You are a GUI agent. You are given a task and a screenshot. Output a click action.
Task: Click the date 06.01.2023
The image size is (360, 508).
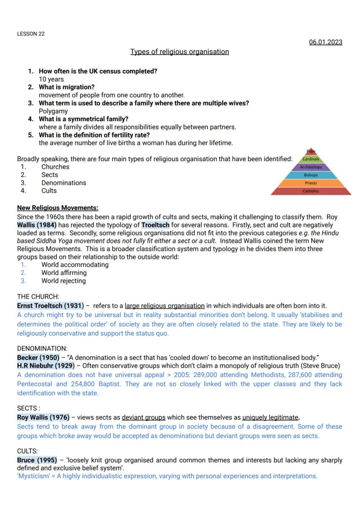pyautogui.click(x=325, y=42)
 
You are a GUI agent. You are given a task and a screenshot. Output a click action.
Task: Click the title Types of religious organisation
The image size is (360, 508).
pyautogui.click(x=180, y=52)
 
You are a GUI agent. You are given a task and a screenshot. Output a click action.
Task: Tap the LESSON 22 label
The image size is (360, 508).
pyautogui.click(x=31, y=34)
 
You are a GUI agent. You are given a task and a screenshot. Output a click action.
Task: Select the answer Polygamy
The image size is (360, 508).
pyautogui.click(x=53, y=111)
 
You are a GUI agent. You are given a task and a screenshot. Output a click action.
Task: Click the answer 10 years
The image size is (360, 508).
pyautogui.click(x=51, y=79)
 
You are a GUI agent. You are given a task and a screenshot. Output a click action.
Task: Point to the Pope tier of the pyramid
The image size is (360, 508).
pyautogui.click(x=311, y=151)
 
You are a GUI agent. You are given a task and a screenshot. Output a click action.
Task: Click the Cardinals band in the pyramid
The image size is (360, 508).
pyautogui.click(x=311, y=159)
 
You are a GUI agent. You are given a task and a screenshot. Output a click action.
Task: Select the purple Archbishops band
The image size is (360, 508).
pyautogui.click(x=311, y=167)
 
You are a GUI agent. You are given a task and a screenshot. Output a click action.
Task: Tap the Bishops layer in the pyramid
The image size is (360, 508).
pyautogui.click(x=311, y=175)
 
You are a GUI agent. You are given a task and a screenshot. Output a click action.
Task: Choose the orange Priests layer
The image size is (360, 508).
pyautogui.click(x=311, y=183)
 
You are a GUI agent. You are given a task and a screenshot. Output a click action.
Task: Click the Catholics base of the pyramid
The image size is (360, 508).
pyautogui.click(x=311, y=191)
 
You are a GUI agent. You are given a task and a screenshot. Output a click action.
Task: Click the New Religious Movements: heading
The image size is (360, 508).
pyautogui.click(x=57, y=208)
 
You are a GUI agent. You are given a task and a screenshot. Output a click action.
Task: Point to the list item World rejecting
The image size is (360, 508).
pyautogui.click(x=63, y=281)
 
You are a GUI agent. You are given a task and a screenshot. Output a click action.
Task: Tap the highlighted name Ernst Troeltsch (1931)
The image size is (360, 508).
pyautogui.click(x=50, y=306)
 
